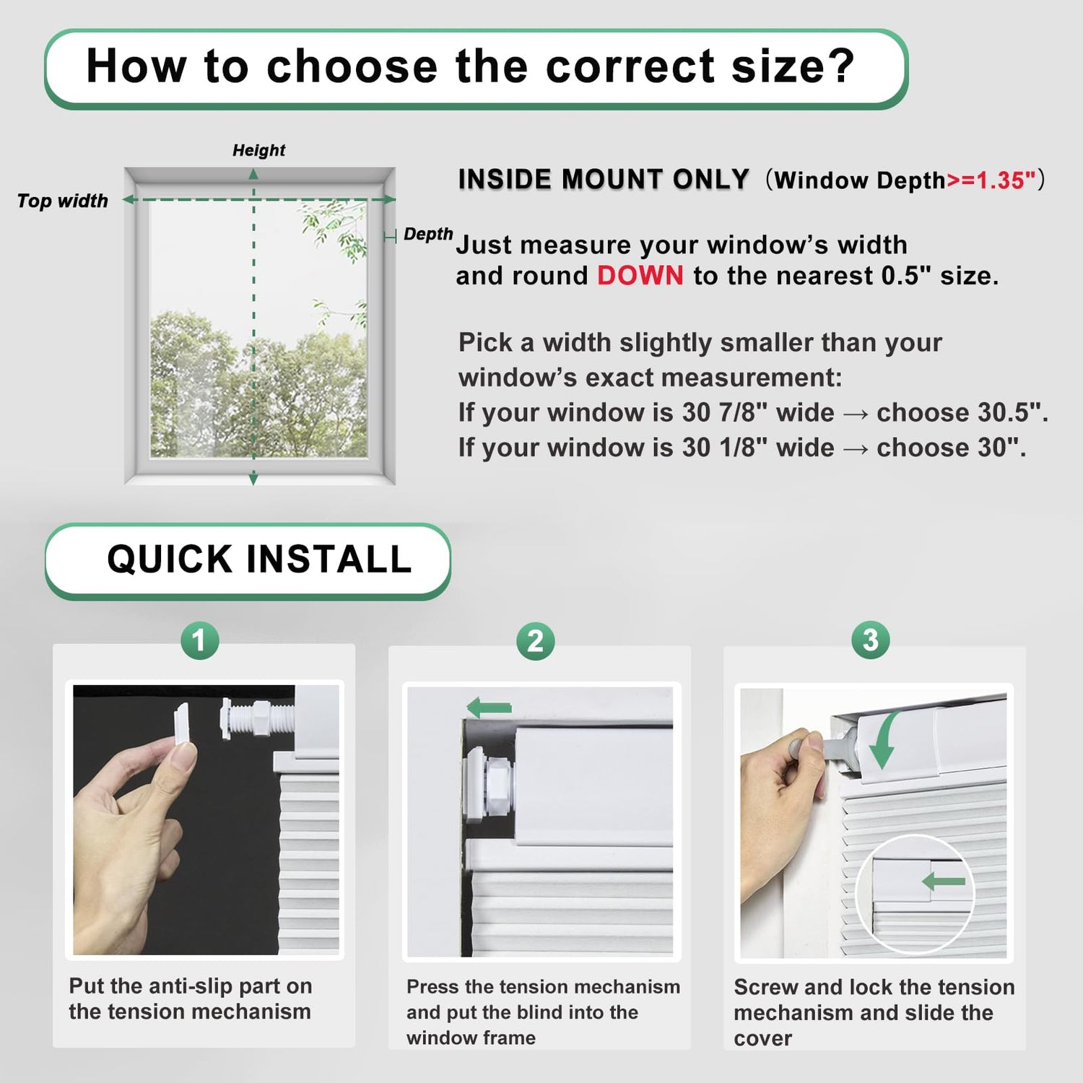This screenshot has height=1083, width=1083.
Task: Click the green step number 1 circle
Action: [199, 640]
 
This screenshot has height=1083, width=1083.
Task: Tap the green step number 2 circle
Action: [535, 640]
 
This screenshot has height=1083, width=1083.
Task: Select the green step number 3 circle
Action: [870, 640]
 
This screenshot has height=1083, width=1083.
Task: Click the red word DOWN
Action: [640, 276]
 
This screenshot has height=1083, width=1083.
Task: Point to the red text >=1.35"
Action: [991, 180]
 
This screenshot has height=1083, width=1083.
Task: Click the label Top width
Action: [63, 201]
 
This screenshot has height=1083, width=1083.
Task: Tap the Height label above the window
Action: [258, 150]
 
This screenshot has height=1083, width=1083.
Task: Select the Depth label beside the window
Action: [428, 234]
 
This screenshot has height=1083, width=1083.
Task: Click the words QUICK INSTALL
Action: [259, 560]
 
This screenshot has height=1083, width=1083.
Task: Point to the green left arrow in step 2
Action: [489, 708]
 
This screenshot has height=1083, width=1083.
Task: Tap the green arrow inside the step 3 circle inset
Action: [943, 881]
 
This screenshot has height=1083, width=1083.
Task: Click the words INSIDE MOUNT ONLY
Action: [604, 179]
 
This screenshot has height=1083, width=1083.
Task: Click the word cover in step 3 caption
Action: [762, 1039]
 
